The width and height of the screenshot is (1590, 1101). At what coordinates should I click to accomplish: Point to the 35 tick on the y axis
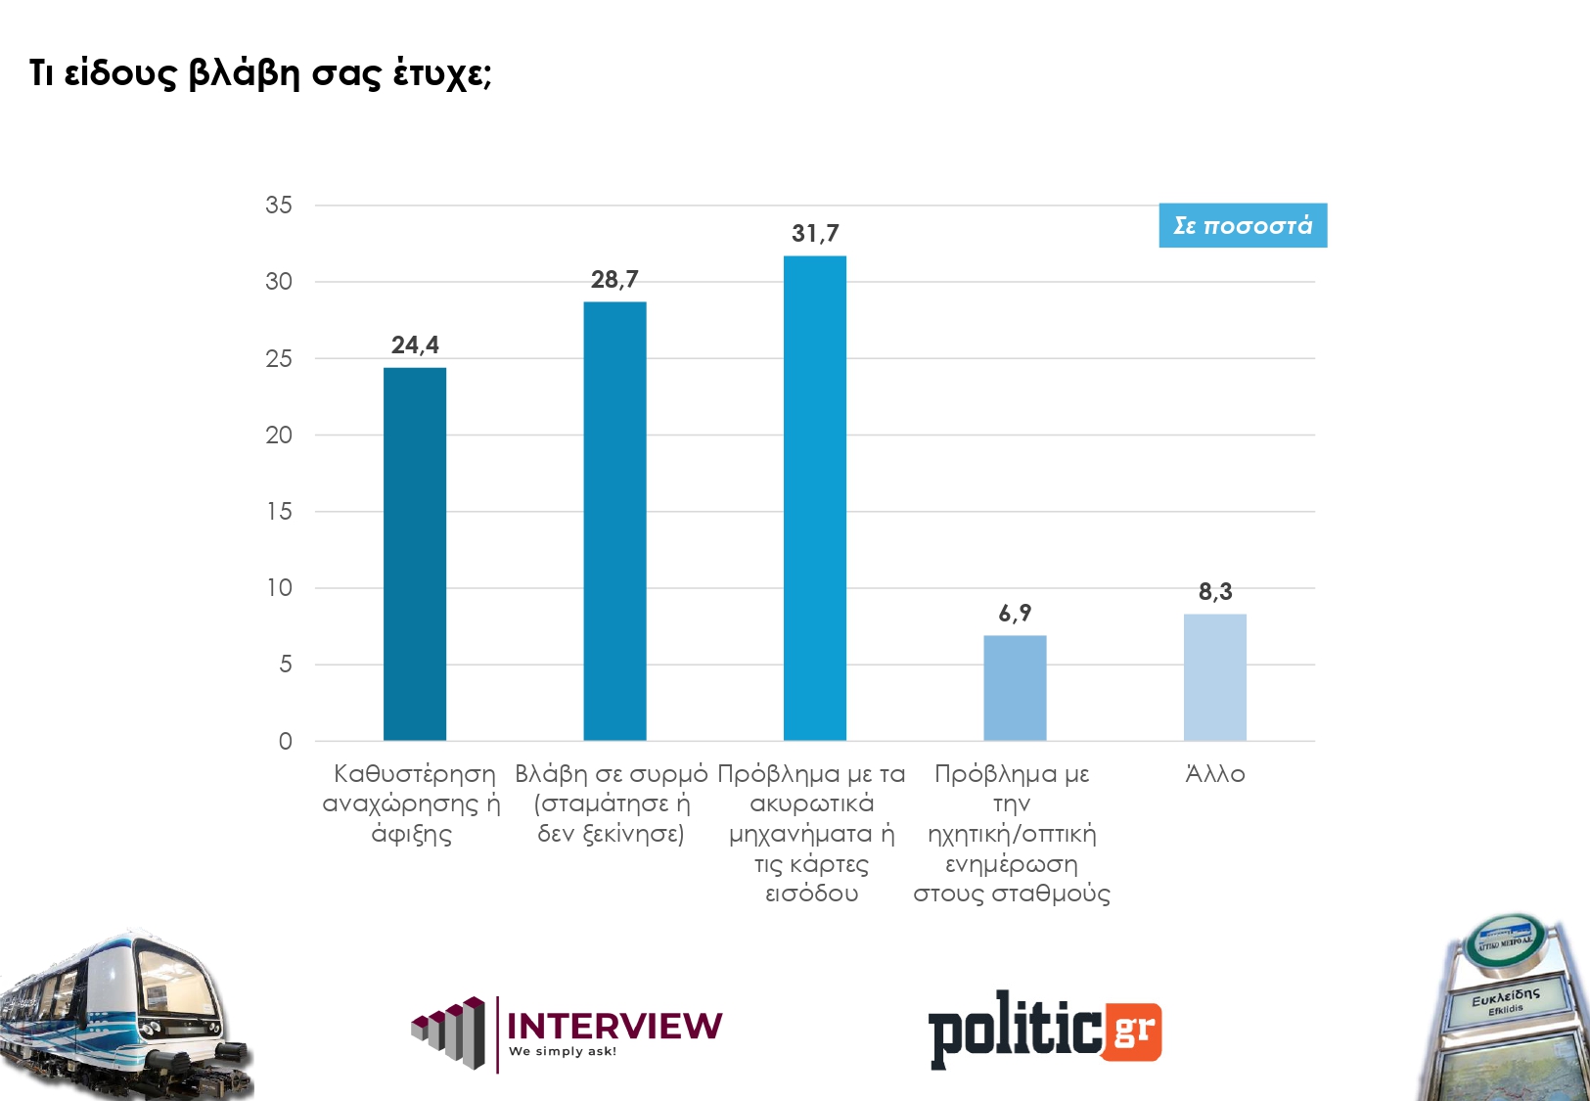point(279,206)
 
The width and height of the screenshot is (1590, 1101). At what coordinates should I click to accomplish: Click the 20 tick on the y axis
point(279,436)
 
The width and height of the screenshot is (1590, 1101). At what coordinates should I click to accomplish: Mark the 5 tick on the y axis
point(285,665)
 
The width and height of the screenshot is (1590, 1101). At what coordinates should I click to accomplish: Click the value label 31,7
point(815,234)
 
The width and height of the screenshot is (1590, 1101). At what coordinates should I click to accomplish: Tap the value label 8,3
point(1215,592)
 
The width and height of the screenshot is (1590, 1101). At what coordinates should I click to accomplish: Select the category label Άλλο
point(1215,774)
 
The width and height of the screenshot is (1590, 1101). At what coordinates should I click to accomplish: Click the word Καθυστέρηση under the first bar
point(415,774)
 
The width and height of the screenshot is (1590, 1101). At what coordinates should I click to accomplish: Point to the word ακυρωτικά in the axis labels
point(811,804)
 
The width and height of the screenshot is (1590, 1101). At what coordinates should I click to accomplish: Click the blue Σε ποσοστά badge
point(1243,226)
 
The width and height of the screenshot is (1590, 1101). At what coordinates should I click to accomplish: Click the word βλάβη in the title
point(243,73)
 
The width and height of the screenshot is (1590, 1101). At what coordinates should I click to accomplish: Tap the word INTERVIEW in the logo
point(614,1026)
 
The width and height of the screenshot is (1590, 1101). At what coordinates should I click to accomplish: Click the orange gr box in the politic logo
point(1133,1032)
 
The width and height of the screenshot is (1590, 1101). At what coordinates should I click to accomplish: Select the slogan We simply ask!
point(563,1052)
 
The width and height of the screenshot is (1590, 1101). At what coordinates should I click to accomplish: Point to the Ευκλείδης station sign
point(1506,999)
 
